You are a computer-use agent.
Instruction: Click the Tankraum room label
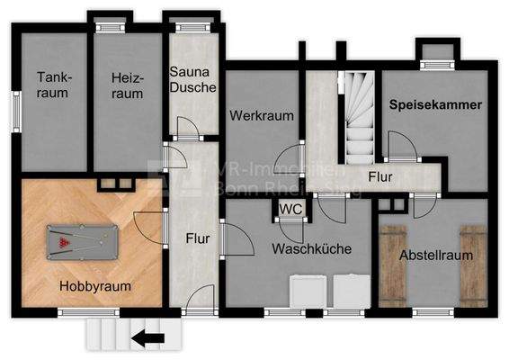(54, 85)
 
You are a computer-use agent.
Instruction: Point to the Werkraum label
(255, 116)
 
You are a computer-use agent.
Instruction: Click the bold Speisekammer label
(436, 104)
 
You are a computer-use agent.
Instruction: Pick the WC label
(290, 209)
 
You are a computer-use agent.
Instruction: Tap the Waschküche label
(311, 248)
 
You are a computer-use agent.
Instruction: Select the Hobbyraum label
(95, 286)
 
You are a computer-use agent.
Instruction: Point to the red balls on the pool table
(63, 240)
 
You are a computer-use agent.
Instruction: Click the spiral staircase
(359, 116)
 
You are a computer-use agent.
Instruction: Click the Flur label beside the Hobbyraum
(198, 239)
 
